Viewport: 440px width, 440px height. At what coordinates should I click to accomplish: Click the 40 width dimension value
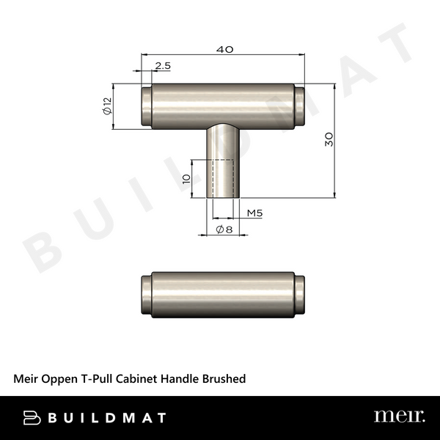[x=225, y=49]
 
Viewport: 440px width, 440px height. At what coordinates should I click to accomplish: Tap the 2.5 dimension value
[x=163, y=66]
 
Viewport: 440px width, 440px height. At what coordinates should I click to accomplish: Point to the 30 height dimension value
[x=329, y=139]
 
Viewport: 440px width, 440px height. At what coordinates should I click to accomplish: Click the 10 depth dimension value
[x=187, y=178]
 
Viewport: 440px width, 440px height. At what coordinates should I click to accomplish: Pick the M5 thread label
[x=254, y=213]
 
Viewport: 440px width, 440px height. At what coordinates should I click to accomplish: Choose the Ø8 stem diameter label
[x=225, y=230]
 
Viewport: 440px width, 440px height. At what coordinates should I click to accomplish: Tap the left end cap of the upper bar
[x=145, y=107]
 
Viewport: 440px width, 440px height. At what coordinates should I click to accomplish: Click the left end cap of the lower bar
[x=145, y=296]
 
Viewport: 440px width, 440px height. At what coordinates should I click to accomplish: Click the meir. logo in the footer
[x=399, y=417]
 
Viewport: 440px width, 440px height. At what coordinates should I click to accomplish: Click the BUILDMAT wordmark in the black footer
[x=106, y=418]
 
